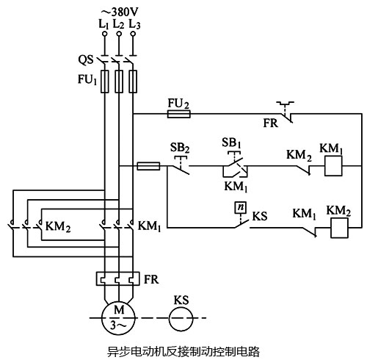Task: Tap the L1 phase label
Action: point(103,24)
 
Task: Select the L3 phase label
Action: point(133,24)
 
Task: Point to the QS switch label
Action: point(87,58)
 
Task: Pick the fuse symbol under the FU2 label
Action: point(178,114)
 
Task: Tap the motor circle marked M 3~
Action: point(117,318)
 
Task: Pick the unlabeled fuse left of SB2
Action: point(150,166)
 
